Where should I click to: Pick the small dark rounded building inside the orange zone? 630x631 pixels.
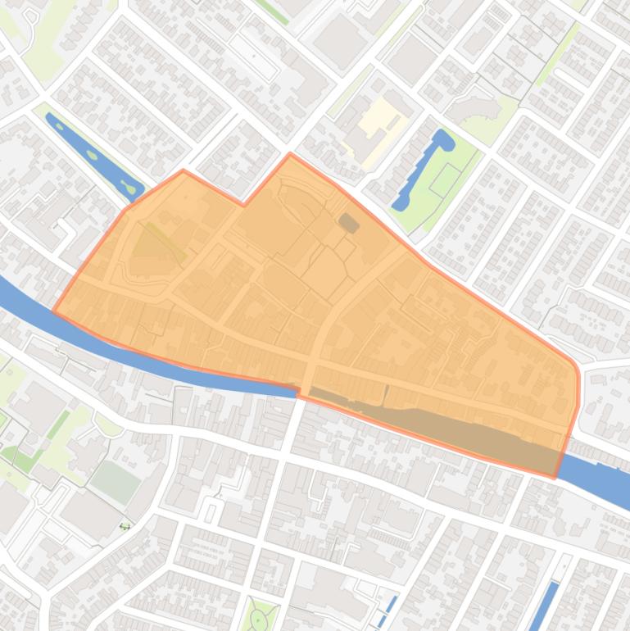(x=349, y=222)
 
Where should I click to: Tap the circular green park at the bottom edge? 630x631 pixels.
(x=258, y=616)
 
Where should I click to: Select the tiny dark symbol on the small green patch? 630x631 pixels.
(x=125, y=526)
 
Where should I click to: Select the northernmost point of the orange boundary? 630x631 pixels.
(x=291, y=153)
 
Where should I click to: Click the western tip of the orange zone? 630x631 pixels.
(x=53, y=312)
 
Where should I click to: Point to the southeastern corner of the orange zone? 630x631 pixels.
(x=555, y=476)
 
